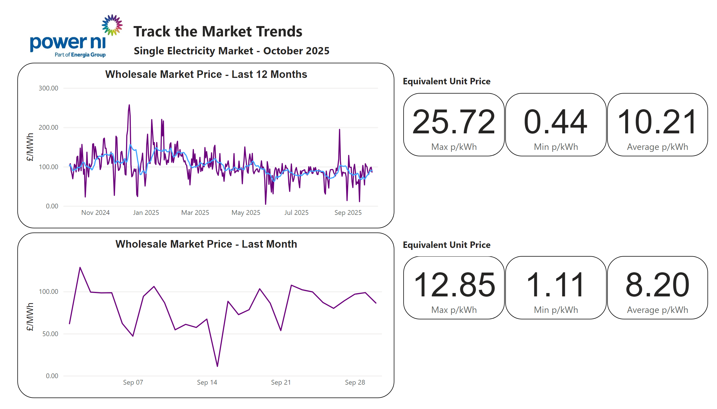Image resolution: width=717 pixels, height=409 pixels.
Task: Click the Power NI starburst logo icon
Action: [112, 25]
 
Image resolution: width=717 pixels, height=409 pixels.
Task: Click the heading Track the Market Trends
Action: [218, 31]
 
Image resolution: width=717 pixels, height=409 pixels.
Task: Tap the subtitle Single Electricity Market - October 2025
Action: [231, 51]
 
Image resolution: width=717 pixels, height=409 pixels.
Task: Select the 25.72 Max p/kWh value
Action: [453, 122]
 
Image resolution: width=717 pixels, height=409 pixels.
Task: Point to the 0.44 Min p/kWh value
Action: [555, 122]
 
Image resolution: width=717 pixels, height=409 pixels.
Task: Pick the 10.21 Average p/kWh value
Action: [657, 122]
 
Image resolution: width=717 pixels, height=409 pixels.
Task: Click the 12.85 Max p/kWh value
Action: [453, 285]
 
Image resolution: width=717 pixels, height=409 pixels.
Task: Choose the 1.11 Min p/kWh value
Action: [555, 285]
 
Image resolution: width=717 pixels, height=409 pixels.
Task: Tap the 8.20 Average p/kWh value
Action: [657, 285]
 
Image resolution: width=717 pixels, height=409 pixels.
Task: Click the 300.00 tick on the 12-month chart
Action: [48, 88]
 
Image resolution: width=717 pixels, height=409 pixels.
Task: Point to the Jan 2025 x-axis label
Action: [146, 213]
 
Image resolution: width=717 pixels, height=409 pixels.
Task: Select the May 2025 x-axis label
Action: [245, 213]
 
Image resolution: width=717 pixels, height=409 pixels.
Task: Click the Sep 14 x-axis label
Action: [207, 382]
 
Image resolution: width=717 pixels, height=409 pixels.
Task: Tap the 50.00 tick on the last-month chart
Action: [50, 334]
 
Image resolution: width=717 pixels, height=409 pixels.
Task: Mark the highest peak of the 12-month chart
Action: [129, 105]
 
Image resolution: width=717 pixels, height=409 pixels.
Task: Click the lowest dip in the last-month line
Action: [217, 366]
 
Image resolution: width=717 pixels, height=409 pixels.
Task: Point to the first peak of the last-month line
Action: [80, 268]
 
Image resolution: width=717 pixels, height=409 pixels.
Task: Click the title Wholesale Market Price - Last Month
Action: [206, 244]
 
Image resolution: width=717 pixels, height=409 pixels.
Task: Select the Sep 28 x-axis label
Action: [355, 382]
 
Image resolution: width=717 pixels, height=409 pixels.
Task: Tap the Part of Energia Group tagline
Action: [80, 55]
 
